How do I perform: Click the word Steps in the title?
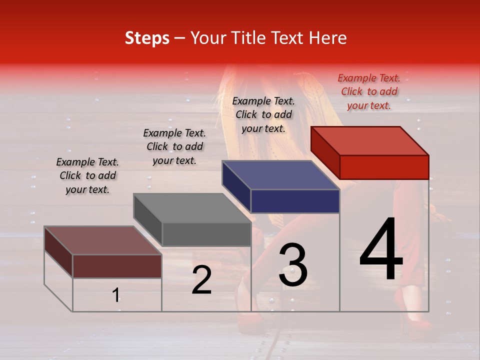coord(147,38)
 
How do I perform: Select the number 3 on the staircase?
coord(293,265)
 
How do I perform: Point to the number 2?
coord(201,280)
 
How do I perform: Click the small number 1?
coord(115,295)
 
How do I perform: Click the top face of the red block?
coord(369,141)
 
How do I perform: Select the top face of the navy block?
coord(280,175)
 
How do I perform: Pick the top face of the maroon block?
coord(102,240)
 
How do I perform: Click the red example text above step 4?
coord(369,91)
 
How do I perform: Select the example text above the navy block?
coord(263,114)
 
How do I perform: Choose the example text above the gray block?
coord(174,146)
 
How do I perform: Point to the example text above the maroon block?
coord(87,175)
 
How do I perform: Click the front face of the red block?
coord(384,167)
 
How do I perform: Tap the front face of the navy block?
coord(295,201)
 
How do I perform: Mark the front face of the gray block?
coord(206,234)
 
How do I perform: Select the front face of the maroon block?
coord(117,266)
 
